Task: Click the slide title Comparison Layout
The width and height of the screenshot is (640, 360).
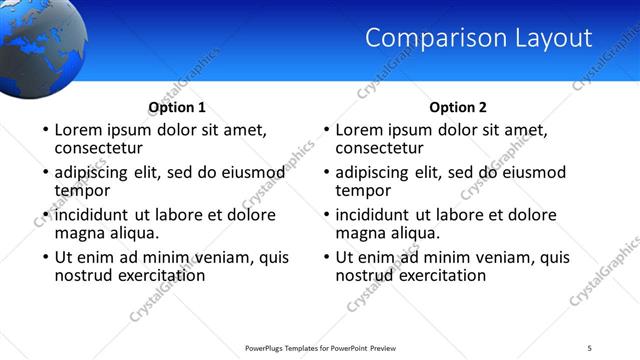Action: [478, 39]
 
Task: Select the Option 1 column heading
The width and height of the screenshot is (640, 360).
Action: [177, 107]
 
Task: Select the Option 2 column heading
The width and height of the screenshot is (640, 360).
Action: [458, 107]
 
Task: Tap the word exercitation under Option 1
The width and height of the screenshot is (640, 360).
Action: [158, 274]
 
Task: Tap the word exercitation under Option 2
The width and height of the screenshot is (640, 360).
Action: [439, 274]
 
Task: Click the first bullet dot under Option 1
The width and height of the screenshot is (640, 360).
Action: [44, 131]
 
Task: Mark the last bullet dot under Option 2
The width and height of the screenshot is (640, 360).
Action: [325, 257]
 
